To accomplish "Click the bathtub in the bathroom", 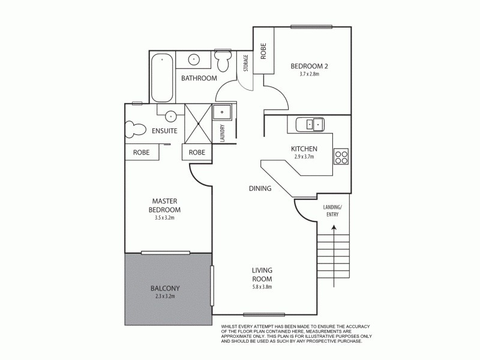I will tap(163, 78).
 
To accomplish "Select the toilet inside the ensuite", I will tap(136, 128).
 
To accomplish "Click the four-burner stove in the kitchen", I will tap(341, 156).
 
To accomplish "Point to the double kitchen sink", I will tap(314, 124).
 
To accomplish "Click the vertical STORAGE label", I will tap(245, 63).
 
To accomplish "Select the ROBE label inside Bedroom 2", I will tap(263, 52).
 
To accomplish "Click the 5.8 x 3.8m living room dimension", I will tap(262, 287).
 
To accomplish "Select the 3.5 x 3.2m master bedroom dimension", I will tap(164, 218).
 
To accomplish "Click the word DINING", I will tap(260, 188).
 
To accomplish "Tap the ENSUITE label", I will tap(164, 130).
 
